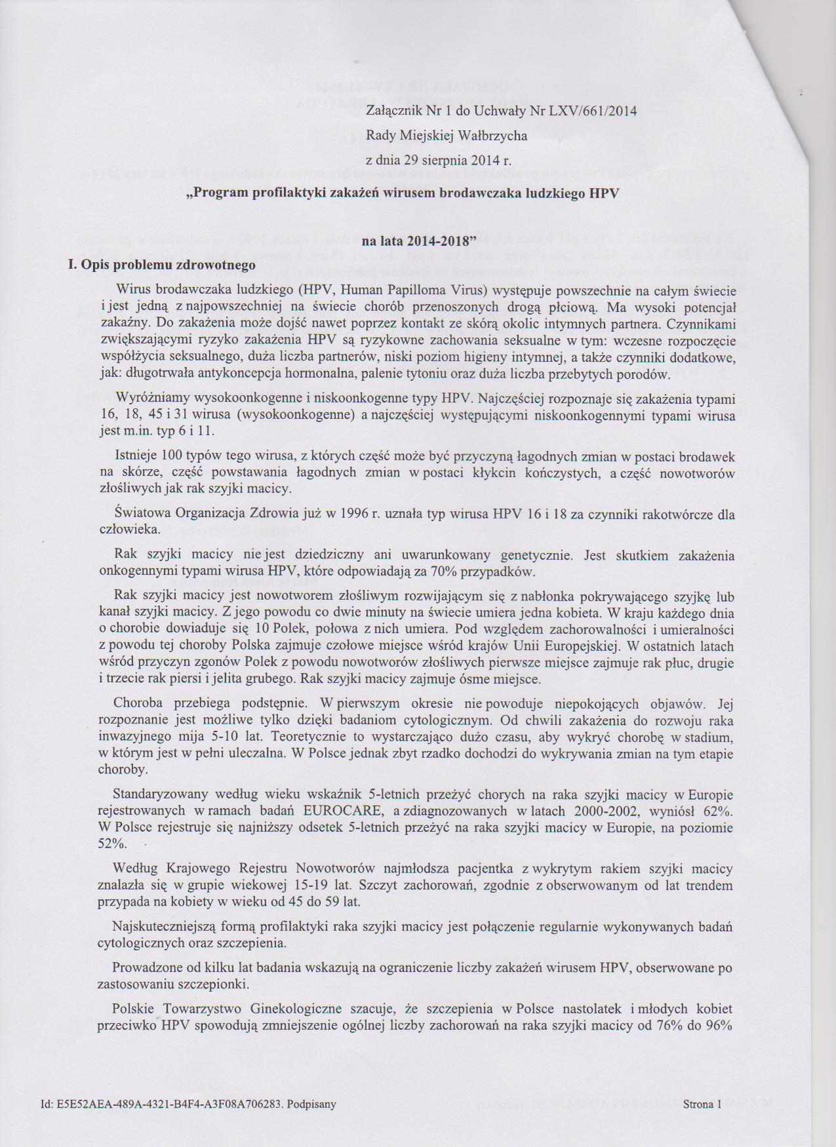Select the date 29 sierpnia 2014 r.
pyautogui.click(x=452, y=160)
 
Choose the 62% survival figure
pyautogui.click(x=719, y=811)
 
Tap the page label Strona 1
pyautogui.click(x=701, y=1104)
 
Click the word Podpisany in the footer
pyautogui.click(x=312, y=1104)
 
